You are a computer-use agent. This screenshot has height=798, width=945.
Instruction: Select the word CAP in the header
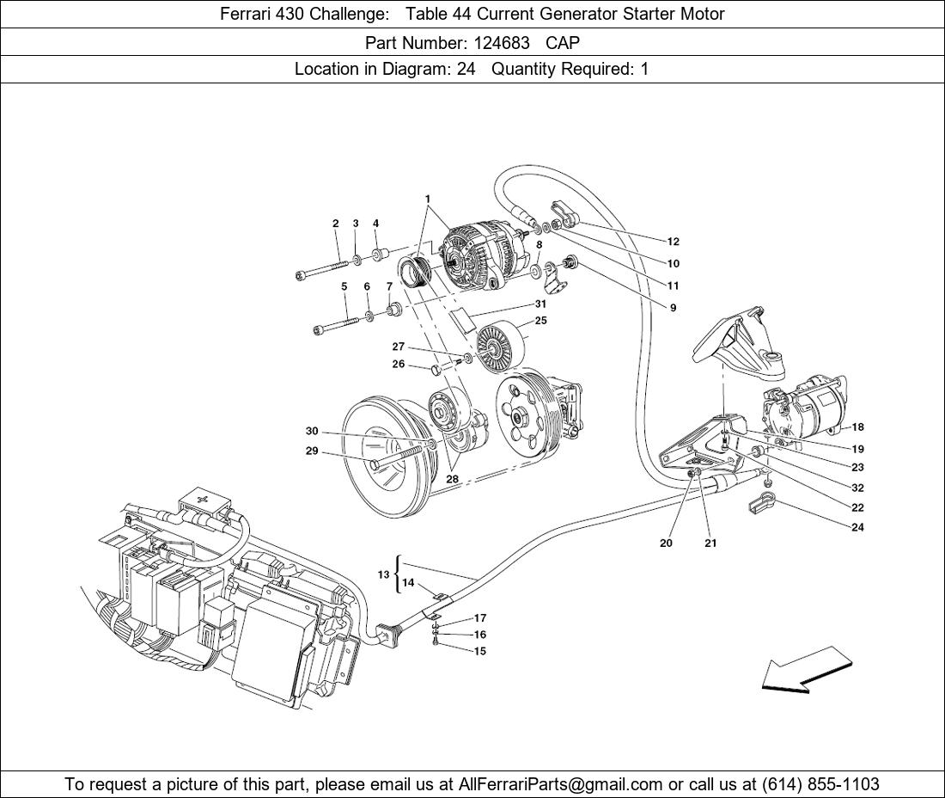563,41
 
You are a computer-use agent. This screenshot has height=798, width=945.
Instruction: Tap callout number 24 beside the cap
857,528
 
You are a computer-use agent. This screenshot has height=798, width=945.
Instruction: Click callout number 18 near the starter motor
857,427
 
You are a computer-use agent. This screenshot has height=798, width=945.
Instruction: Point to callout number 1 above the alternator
427,199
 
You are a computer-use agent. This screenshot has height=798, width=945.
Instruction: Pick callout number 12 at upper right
673,242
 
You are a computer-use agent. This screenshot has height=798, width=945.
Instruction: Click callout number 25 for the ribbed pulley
540,321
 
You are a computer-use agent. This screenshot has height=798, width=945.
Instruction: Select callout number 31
540,304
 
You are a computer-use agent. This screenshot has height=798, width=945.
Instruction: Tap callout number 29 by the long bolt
312,451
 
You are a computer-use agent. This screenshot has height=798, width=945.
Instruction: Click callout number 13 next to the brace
383,574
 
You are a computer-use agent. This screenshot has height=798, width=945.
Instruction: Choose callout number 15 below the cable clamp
480,651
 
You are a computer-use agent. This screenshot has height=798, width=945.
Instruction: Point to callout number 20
666,543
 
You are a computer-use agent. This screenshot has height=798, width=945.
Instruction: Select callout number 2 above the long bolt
336,224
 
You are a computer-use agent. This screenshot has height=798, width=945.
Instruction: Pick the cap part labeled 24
760,502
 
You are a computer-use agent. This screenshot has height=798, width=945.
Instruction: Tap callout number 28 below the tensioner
452,479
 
